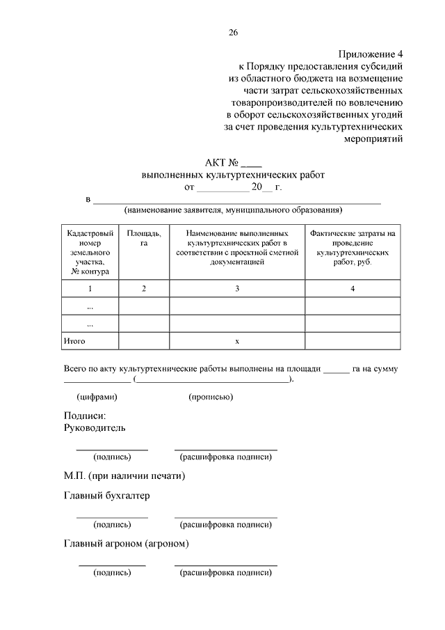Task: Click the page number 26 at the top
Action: [233, 33]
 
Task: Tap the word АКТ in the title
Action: [216, 162]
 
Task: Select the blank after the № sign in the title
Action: [252, 163]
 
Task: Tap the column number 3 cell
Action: [237, 288]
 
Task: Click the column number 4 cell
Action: [353, 288]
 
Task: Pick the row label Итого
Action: [74, 341]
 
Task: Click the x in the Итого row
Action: [237, 341]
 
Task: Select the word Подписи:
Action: [83, 416]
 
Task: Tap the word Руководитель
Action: [95, 427]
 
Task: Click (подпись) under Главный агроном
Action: [111, 572]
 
